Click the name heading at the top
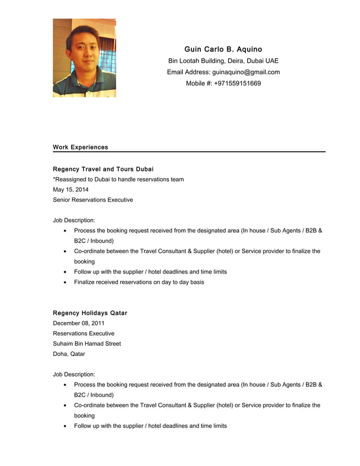point(223,50)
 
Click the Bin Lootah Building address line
point(223,61)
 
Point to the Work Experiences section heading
point(80,147)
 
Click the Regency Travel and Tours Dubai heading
point(103,169)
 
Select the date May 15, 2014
point(71,190)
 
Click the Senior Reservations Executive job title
point(93,200)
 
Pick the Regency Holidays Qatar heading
point(90,313)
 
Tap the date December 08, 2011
point(78,323)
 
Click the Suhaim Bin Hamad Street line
point(87,344)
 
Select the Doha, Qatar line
point(69,354)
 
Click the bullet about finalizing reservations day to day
point(139,282)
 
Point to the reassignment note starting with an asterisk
point(118,179)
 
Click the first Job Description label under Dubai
point(74,220)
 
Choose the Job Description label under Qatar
point(74,374)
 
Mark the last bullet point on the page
point(150,426)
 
